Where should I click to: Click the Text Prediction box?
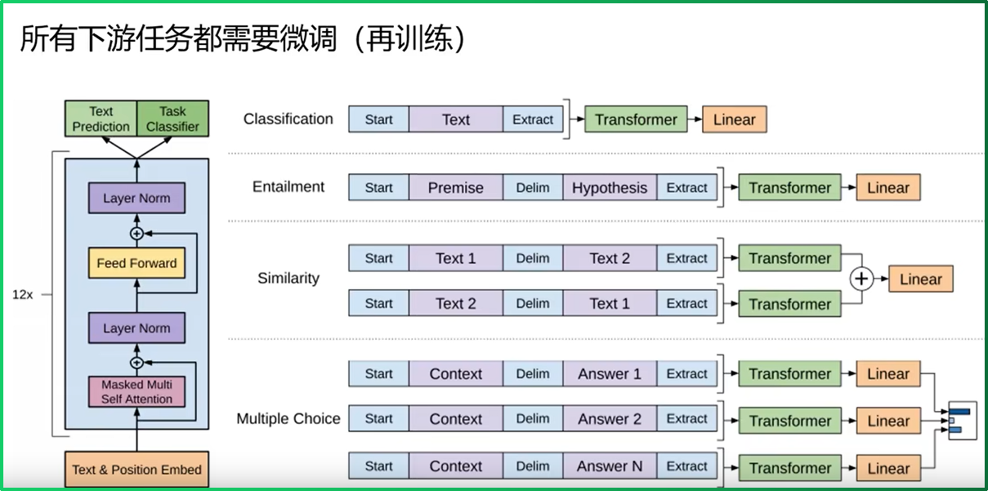[x=101, y=118]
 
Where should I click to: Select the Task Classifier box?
[x=172, y=118]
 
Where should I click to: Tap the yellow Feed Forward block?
[x=136, y=263]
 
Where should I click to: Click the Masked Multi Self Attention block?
[x=136, y=391]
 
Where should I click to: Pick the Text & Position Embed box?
[x=136, y=469]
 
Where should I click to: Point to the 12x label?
[x=22, y=294]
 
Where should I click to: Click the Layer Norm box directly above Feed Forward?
[x=136, y=199]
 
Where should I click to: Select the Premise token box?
[x=455, y=188]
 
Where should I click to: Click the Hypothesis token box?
[x=609, y=188]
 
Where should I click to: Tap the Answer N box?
[x=609, y=466]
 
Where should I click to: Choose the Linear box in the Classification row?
[x=734, y=119]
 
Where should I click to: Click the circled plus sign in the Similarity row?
[x=861, y=279]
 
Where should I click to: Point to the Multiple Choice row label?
[x=288, y=418]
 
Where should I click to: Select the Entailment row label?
[x=288, y=186]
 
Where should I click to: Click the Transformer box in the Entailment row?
[x=789, y=188]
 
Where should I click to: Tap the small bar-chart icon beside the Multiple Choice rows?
[x=962, y=419]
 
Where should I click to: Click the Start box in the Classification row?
[x=378, y=119]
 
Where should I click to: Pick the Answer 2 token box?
[x=609, y=419]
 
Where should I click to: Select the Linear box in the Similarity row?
[x=920, y=279]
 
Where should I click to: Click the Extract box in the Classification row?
[x=533, y=119]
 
